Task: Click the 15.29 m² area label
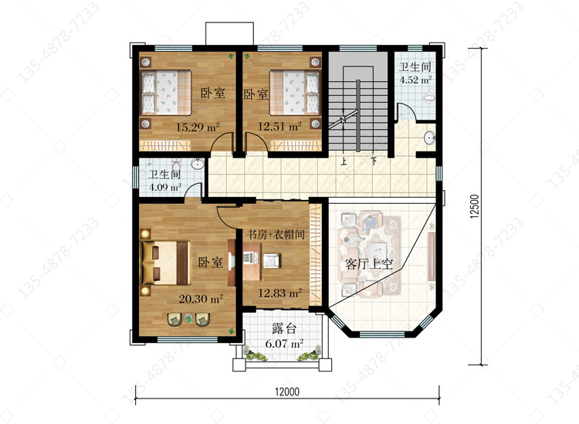click(198, 127)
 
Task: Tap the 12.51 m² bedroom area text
click(279, 127)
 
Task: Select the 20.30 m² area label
click(201, 298)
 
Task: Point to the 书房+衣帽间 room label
click(276, 234)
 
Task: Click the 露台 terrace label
click(284, 328)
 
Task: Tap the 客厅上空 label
click(368, 264)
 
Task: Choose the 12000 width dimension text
click(287, 392)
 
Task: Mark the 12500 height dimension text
click(475, 206)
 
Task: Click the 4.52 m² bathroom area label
click(416, 80)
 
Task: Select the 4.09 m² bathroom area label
click(164, 187)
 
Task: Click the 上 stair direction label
click(344, 161)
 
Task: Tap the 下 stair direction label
click(374, 161)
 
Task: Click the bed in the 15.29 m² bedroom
click(166, 93)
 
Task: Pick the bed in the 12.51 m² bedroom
click(294, 93)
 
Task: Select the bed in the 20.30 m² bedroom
click(166, 263)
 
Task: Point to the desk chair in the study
click(273, 260)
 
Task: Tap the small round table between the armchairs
click(188, 318)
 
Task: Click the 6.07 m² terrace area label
click(284, 344)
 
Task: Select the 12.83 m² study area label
click(280, 293)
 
